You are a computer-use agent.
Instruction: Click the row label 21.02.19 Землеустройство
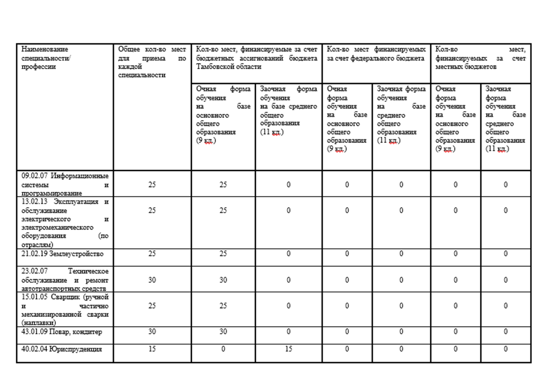coord(62,254)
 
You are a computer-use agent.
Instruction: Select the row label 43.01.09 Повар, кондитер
coord(62,332)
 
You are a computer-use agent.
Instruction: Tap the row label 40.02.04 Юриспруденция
coord(62,349)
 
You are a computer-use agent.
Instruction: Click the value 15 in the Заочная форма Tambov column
coord(288,349)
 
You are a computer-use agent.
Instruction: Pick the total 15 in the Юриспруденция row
coord(152,349)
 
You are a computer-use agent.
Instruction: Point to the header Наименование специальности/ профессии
coord(46,58)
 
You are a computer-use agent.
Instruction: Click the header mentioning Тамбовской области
coord(256,58)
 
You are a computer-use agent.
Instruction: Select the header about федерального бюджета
coord(376,54)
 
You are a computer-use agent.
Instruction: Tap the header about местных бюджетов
coord(480,58)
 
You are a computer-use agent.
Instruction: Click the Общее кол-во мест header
coord(152,62)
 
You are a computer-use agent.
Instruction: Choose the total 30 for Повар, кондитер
coord(152,332)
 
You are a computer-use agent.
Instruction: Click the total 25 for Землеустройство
coord(152,254)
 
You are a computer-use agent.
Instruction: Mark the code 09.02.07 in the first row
coord(34,176)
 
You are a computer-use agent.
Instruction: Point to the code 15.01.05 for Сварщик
coord(34,297)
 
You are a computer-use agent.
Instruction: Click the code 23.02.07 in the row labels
coord(34,271)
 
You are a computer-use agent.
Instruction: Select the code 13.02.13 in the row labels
coord(34,202)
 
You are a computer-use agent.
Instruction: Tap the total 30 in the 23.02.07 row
coord(152,280)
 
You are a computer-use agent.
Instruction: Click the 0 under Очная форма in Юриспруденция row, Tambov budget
coord(223,349)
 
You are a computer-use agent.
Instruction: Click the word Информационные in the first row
coord(79,176)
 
